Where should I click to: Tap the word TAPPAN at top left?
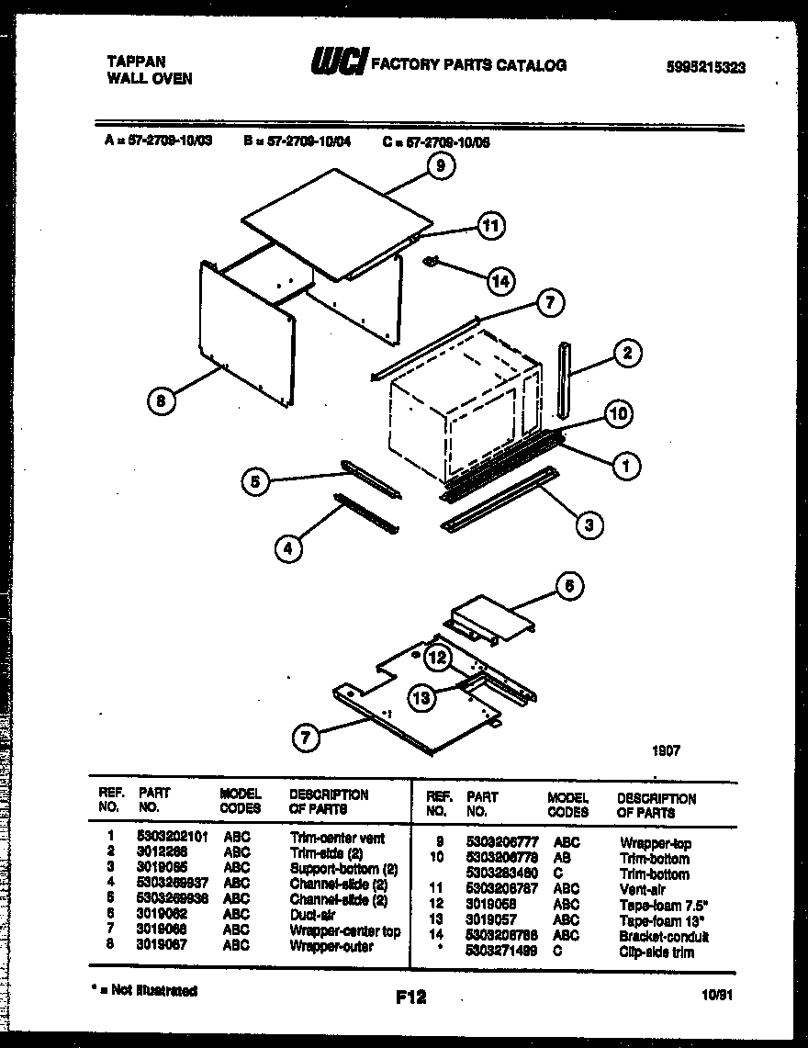(132, 62)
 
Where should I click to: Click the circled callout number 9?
(441, 166)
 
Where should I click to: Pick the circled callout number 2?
(627, 353)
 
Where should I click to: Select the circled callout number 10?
(619, 415)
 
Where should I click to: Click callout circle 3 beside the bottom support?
(588, 524)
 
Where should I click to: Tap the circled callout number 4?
(288, 548)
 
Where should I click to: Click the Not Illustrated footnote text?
(146, 990)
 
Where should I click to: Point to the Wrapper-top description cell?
(656, 843)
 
